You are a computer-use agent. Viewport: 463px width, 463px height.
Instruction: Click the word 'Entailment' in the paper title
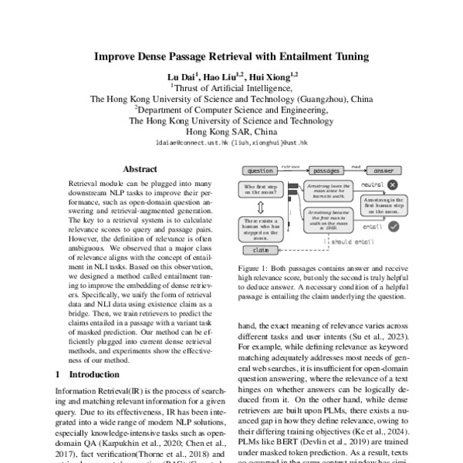point(303,56)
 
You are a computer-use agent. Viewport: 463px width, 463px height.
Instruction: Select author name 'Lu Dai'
point(186,76)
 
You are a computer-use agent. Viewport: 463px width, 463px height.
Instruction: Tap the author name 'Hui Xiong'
point(272,76)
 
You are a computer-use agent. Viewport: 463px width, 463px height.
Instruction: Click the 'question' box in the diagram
point(260,171)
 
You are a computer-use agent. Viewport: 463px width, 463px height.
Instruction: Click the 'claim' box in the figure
point(259,251)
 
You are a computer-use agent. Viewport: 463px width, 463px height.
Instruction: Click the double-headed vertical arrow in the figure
point(262,207)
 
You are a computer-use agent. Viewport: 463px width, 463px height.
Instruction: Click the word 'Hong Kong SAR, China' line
point(231,132)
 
